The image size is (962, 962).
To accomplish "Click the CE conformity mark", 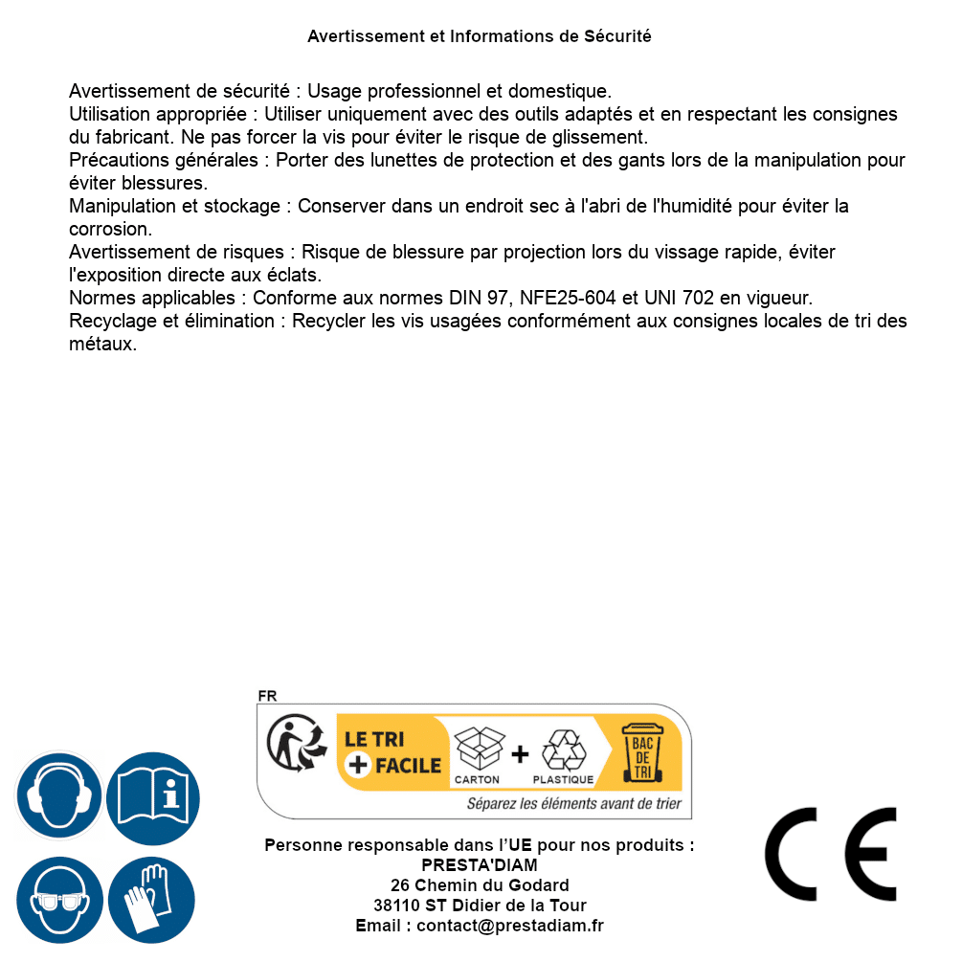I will pos(831,854).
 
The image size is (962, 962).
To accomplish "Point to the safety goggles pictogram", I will pos(58,901).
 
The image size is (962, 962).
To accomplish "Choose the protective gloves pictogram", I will pos(151,901).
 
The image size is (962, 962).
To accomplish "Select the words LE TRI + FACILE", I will pos(392,752).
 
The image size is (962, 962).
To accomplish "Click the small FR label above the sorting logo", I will pos(267,696).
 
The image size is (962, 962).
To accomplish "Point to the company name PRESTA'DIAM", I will pos(480,865).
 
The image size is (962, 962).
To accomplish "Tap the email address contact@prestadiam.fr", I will pos(510,926).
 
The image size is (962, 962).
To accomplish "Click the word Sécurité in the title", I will pos(617,36).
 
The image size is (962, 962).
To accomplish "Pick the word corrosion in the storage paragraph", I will pos(110,229).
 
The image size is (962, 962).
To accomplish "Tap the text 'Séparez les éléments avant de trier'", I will pos(574,803).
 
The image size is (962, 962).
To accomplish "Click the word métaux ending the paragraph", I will pos(102,344).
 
